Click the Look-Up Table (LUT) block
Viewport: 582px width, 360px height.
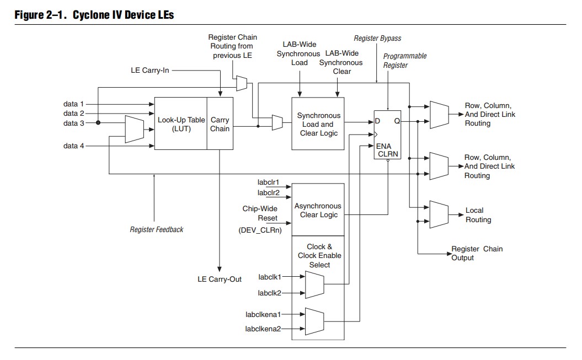[181, 123]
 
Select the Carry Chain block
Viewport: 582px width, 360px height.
[220, 123]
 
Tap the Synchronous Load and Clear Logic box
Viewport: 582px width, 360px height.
[318, 124]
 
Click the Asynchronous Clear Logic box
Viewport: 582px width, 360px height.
[318, 210]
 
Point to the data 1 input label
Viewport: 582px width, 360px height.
[74, 104]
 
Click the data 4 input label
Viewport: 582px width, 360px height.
[74, 146]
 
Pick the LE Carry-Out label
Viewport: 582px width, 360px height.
[220, 279]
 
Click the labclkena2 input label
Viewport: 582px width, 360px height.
[263, 329]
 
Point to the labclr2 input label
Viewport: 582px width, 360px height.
[268, 192]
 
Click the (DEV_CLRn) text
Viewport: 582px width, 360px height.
[260, 229]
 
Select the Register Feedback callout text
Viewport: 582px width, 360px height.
[157, 229]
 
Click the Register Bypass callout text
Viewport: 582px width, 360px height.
[377, 39]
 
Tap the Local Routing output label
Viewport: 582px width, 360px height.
[478, 215]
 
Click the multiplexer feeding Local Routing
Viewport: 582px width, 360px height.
[439, 214]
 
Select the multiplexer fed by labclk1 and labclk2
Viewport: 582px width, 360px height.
[314, 284]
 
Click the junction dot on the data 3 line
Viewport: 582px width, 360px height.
[98, 123]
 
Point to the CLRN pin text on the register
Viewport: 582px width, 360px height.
[388, 154]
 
